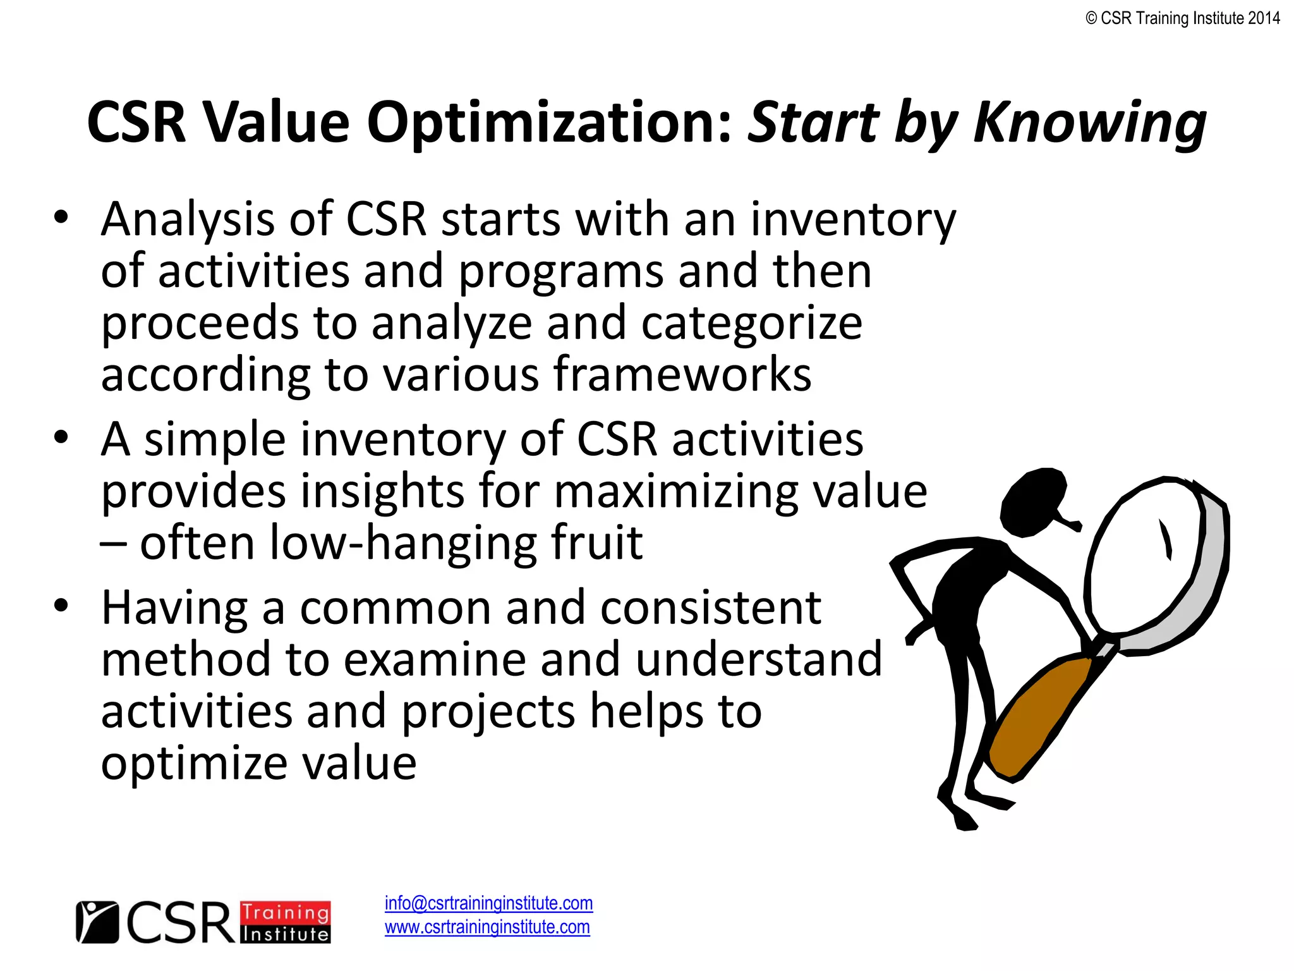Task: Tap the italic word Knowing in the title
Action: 1090,123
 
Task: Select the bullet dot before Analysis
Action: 61,217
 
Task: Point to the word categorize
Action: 752,323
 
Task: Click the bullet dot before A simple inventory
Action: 61,437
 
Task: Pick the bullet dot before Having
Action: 61,606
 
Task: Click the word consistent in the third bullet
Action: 711,608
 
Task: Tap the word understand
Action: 758,660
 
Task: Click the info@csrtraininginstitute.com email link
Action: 488,903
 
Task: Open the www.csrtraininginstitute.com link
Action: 487,927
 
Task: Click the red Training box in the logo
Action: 286,912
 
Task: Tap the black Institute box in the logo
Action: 286,934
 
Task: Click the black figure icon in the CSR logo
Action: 97,922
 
